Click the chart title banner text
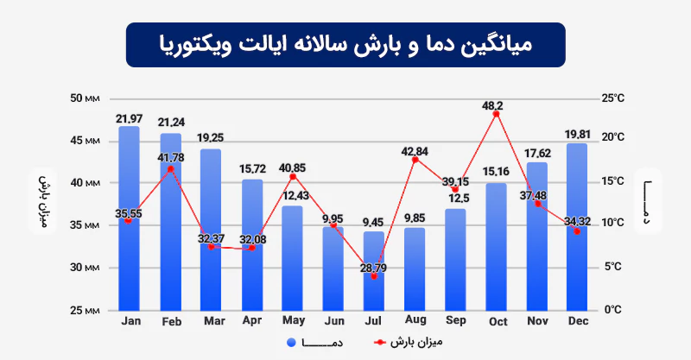(345, 44)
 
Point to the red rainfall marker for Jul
(374, 276)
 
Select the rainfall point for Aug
(415, 160)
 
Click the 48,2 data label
(492, 105)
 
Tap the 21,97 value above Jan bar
(130, 117)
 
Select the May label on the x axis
(292, 320)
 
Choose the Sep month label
(455, 320)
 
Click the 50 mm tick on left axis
(86, 98)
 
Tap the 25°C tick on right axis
(614, 98)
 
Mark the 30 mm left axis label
(86, 268)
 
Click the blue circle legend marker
(291, 343)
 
